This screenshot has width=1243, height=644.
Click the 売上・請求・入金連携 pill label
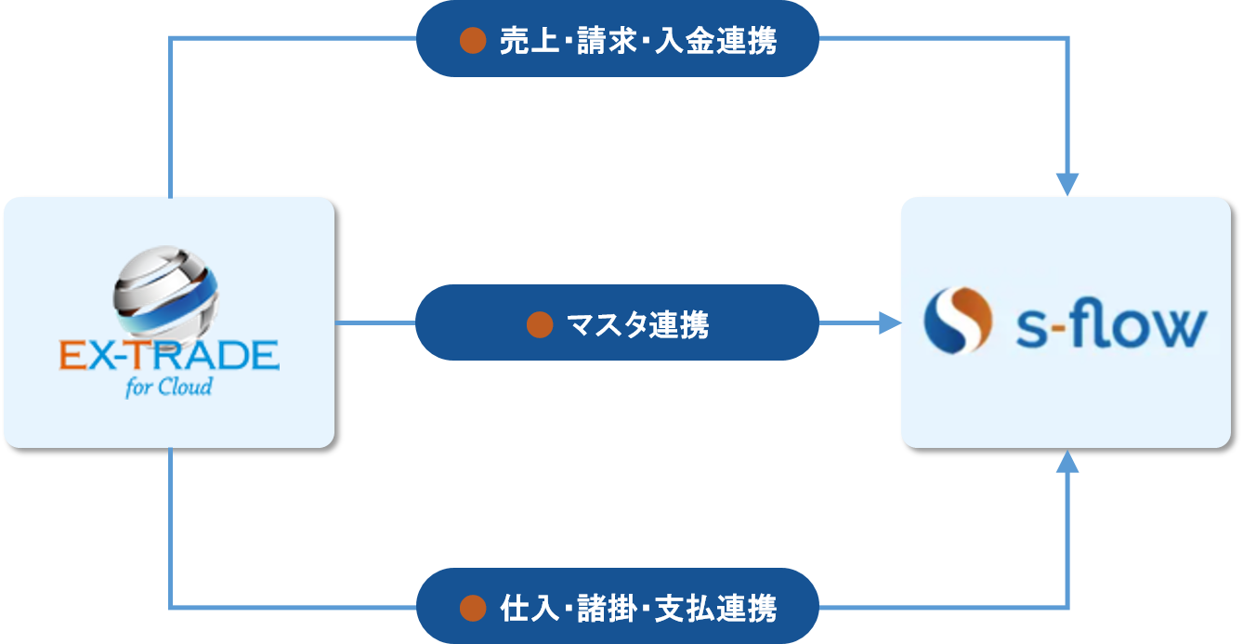617,40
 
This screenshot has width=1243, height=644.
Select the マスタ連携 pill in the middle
617,323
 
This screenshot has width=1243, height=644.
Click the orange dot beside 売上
474,40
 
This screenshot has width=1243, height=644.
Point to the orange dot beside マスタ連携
540,324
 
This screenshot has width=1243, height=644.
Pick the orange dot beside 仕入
474,608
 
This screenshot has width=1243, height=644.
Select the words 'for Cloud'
169,386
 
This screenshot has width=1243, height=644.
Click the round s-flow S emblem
957,322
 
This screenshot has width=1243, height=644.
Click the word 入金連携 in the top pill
715,41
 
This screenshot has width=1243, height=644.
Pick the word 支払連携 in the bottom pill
715,608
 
